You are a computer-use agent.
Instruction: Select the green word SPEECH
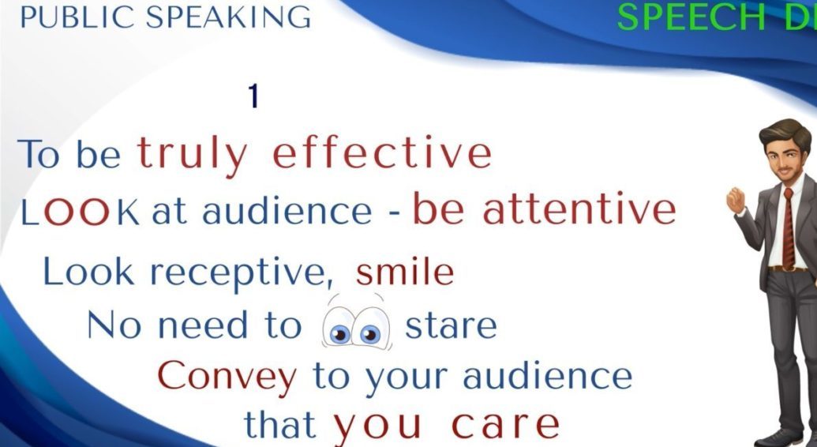691,17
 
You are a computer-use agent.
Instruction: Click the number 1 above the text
253,96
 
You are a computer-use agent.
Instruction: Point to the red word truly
193,156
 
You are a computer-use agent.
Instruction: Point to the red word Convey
227,377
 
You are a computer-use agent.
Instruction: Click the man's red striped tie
788,230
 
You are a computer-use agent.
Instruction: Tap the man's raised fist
736,200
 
